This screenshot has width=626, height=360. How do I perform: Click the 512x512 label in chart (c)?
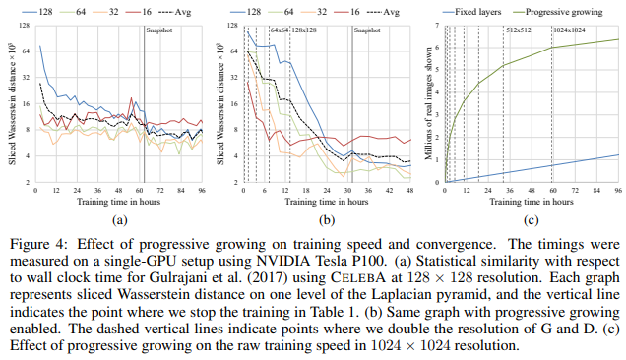coord(518,29)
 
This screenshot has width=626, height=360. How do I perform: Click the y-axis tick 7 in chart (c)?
coord(435,22)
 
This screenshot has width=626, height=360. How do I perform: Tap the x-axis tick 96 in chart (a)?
coord(202,191)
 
